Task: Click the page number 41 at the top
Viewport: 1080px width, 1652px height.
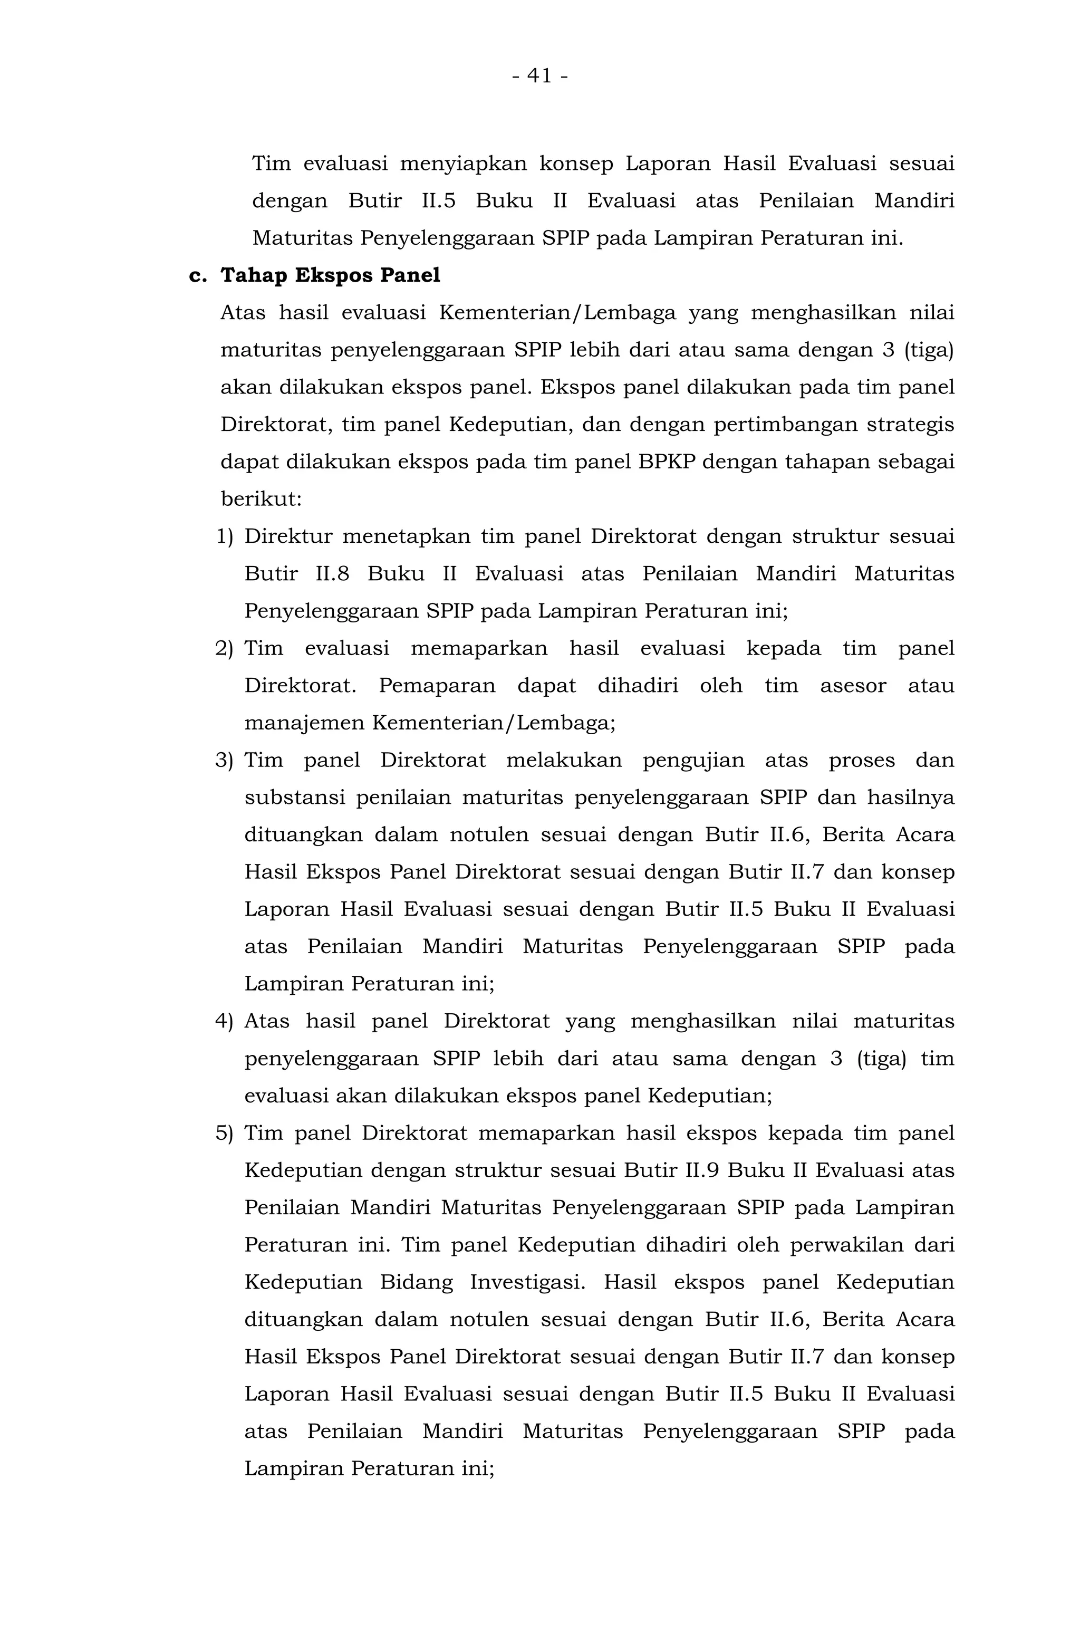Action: point(539,75)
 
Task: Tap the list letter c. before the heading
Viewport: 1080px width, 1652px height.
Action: point(198,275)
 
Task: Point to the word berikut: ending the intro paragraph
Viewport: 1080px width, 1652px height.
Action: point(261,499)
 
